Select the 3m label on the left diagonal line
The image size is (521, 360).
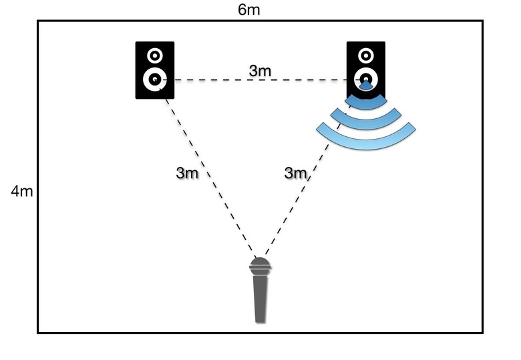(x=187, y=172)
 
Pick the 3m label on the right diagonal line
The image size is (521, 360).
(x=295, y=172)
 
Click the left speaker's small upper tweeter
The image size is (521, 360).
(x=155, y=55)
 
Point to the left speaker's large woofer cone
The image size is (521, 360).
(x=155, y=79)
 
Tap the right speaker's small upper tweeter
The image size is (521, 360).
(x=366, y=55)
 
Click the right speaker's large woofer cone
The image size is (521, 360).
(x=366, y=79)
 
